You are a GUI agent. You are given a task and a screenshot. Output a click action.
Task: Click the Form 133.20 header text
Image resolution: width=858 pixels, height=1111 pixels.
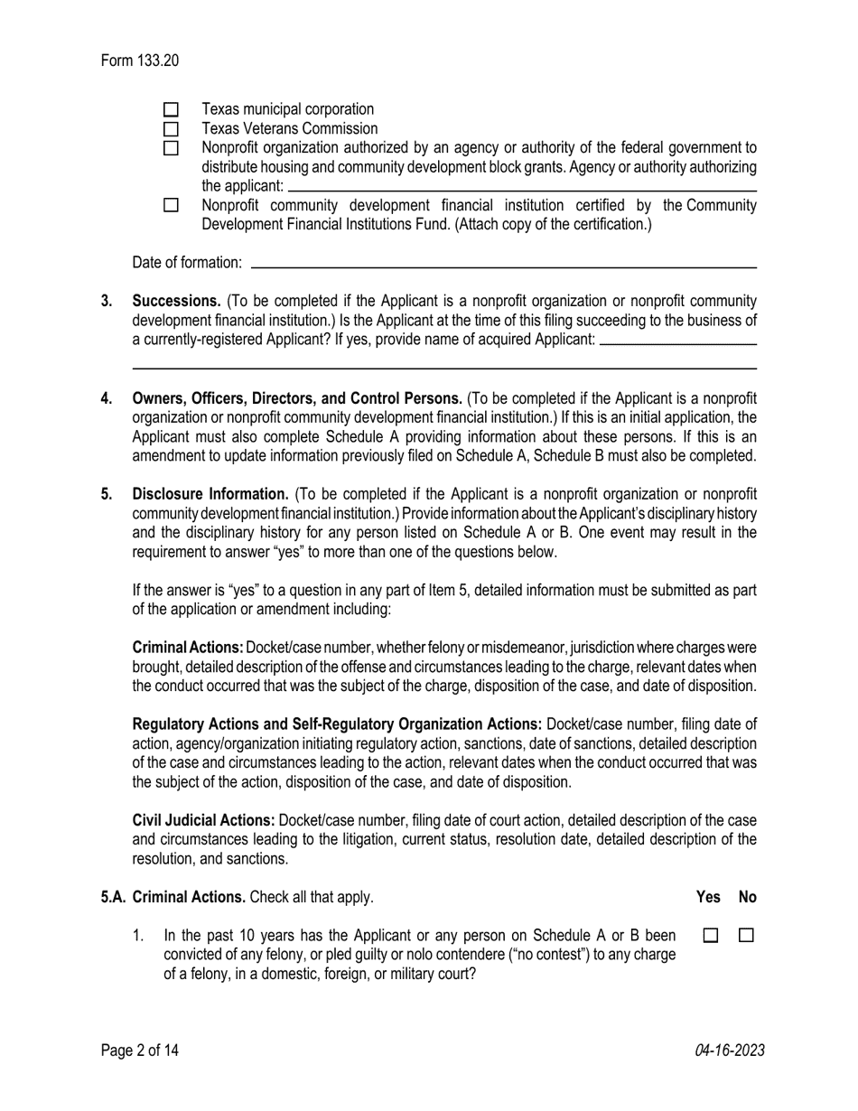(x=140, y=61)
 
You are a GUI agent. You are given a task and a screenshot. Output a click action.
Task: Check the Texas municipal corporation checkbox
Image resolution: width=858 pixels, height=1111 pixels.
(x=172, y=110)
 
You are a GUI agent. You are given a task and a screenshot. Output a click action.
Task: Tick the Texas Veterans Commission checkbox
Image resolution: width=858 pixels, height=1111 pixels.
(x=172, y=129)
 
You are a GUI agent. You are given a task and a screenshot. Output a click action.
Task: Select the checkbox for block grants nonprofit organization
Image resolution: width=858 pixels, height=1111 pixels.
(x=172, y=148)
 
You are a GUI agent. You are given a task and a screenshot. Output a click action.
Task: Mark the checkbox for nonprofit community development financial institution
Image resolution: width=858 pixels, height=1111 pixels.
(x=172, y=206)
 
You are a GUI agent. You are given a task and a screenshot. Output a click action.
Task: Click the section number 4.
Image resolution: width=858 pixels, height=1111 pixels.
(x=107, y=398)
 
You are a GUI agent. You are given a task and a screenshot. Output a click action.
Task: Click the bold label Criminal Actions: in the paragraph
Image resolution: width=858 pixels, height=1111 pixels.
(x=188, y=648)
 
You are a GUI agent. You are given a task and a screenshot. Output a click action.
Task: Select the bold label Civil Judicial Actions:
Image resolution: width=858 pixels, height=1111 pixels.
(x=203, y=820)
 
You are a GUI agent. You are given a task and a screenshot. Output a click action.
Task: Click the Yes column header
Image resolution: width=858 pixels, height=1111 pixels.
(x=709, y=897)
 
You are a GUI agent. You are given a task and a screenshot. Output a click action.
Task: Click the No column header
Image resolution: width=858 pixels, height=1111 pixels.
(x=748, y=897)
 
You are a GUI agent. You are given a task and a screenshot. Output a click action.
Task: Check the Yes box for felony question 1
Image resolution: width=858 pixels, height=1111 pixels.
(x=710, y=937)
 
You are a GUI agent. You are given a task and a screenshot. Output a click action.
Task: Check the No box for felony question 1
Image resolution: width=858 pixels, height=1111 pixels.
(x=746, y=937)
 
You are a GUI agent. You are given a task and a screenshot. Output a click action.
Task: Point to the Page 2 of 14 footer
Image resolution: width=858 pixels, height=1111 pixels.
(x=140, y=1050)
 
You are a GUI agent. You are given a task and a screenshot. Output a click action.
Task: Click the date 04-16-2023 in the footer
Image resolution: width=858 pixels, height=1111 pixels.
(x=730, y=1050)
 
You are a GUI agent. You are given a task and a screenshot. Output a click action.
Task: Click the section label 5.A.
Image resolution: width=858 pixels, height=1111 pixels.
(x=113, y=897)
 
